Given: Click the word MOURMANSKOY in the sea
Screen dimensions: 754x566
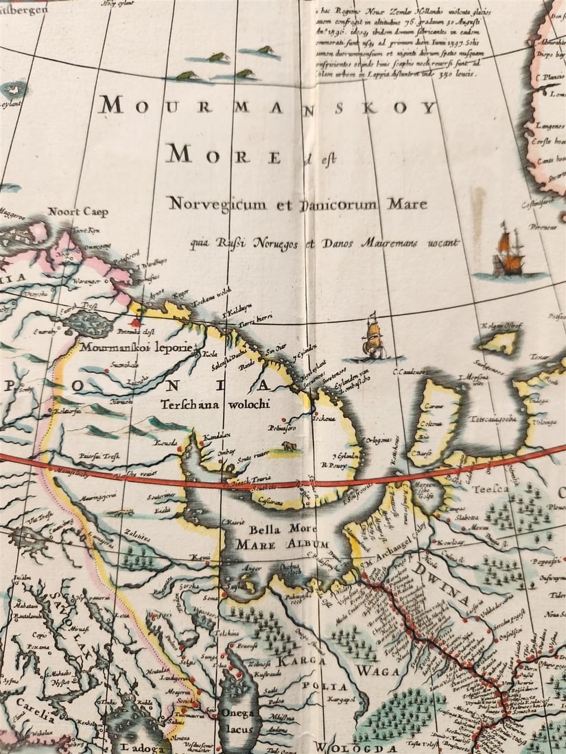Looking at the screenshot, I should [268, 106].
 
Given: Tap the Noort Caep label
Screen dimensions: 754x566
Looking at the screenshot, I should [78, 212].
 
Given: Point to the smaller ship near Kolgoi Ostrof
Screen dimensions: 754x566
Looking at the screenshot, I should [373, 337].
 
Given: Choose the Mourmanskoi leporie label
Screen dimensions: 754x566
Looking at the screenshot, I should [137, 347].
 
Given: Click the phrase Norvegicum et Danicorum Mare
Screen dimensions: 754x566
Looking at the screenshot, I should [297, 204].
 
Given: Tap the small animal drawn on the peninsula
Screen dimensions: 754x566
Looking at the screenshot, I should [289, 446].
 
